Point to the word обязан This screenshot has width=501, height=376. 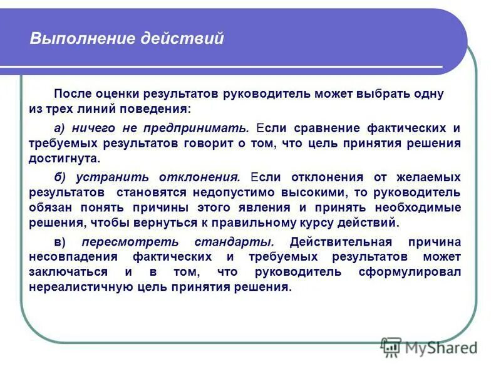pos(49,207)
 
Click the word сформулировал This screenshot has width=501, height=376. pos(410,272)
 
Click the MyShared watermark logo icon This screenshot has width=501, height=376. pos(391,346)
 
